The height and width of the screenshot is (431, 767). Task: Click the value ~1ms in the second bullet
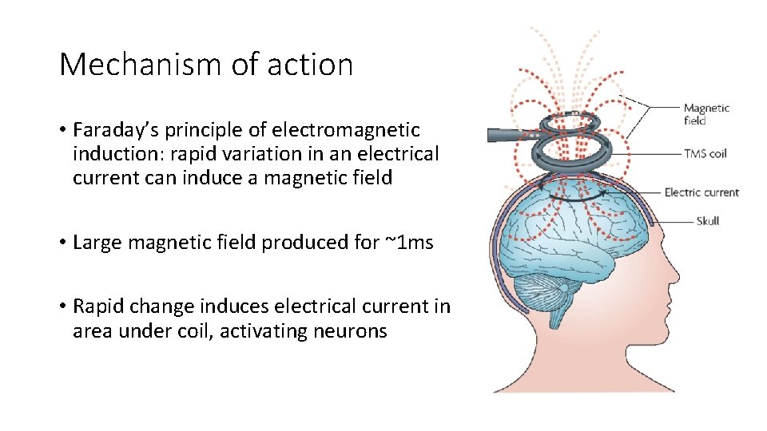pos(407,243)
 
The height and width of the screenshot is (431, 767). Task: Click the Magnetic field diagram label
pos(705,114)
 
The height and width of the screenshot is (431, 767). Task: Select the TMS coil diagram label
pos(705,153)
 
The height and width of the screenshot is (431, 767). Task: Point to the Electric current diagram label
pos(701,192)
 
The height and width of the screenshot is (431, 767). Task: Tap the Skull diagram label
pos(707,220)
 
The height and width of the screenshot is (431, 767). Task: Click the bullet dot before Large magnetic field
pos(63,243)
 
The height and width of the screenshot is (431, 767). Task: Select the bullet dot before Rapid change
pos(63,306)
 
